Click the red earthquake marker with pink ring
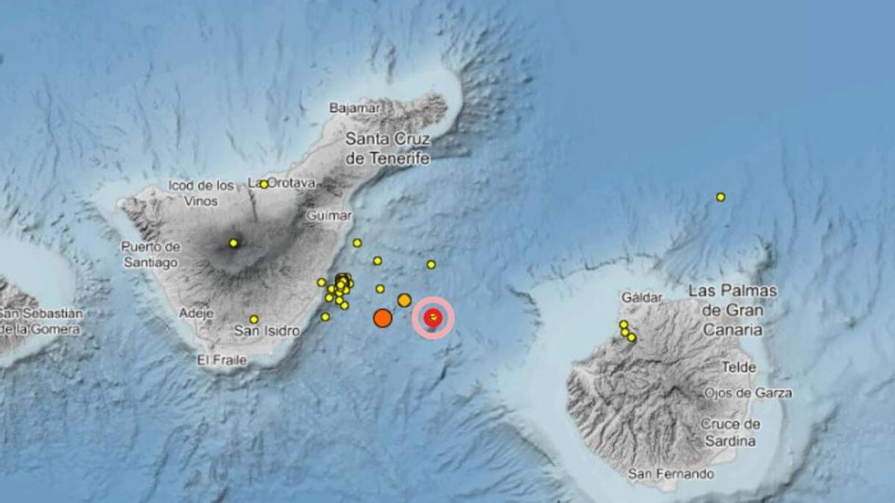[433, 317]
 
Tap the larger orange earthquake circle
[383, 318]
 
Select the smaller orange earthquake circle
[404, 300]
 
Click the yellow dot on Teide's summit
[233, 243]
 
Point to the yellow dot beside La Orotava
[264, 184]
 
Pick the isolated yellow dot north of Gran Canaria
[720, 197]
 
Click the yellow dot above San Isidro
[254, 319]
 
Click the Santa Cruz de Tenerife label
[388, 148]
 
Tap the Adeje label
[196, 314]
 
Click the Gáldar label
[641, 297]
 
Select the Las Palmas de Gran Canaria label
[732, 310]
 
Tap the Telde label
[738, 367]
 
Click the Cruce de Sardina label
[730, 432]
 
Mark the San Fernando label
[671, 474]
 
